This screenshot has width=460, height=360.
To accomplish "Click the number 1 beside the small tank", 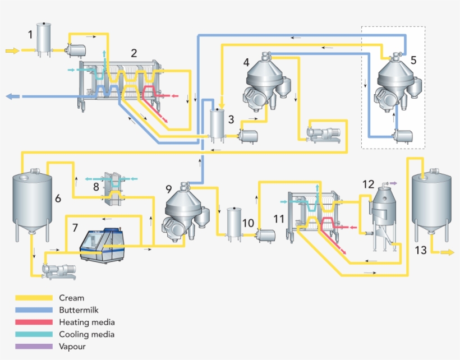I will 30,35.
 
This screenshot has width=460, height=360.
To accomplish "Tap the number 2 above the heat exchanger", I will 134,53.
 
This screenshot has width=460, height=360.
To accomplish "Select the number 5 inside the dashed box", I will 413,59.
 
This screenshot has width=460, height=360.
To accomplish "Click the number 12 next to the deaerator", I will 368,184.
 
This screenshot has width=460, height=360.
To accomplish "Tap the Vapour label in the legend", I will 72,347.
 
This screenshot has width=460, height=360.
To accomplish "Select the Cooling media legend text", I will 86,334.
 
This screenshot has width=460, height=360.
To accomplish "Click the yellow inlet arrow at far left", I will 12,50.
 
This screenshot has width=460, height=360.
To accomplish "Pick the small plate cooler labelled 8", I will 116,186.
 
